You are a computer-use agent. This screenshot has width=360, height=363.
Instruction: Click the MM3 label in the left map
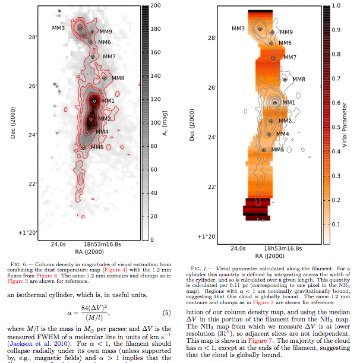point(58,28)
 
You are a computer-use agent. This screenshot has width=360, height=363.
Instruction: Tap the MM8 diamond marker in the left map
point(104,78)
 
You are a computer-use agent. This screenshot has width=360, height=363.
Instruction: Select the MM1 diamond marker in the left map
point(94,101)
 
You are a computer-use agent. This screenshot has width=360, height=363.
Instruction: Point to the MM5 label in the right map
point(277,150)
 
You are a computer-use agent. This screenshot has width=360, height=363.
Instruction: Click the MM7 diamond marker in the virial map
point(273,58)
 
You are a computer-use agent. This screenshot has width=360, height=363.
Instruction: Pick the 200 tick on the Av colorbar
point(156,5)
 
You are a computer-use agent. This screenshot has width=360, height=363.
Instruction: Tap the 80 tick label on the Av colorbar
point(154,146)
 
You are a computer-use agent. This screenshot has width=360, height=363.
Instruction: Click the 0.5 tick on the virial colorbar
point(336,127)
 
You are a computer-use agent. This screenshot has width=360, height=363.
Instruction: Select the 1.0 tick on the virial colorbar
point(336,5)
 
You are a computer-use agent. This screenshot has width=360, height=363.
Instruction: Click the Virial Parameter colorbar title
point(345,125)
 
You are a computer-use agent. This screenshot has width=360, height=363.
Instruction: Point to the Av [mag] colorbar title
point(165,123)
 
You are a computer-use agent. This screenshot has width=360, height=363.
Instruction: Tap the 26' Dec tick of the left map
point(33,86)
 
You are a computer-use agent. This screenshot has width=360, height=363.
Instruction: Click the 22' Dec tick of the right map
point(212,187)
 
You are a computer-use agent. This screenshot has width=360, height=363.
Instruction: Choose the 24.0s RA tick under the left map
point(58,244)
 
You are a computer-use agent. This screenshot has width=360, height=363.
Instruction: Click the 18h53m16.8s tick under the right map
point(283,248)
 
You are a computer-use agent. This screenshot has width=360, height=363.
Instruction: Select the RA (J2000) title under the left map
point(89,252)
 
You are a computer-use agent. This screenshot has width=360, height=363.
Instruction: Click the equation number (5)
point(167,313)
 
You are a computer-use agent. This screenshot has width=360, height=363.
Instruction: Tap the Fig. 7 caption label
point(199,269)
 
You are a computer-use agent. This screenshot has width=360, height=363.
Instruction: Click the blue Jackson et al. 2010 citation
point(38,343)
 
